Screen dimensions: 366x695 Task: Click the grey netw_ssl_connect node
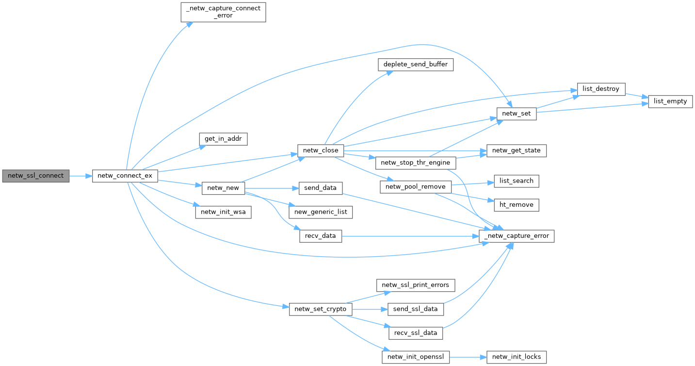coord(36,176)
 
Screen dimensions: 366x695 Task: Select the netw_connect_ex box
coord(125,176)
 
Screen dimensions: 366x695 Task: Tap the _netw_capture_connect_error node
coord(223,12)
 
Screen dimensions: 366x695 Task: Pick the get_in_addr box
coord(223,139)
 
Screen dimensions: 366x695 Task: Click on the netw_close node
coord(321,150)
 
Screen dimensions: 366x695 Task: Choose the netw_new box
coord(223,187)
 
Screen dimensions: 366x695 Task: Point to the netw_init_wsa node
coord(223,212)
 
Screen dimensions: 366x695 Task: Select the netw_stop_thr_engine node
coord(416,163)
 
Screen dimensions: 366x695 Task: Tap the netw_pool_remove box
coord(416,187)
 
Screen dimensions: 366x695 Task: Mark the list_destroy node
coord(601,89)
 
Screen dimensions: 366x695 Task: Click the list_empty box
coord(671,101)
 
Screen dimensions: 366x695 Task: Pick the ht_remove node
coord(517,205)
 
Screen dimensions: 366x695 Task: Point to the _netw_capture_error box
coord(517,236)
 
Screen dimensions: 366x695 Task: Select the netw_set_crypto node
coord(321,309)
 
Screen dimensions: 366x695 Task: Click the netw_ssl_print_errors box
coord(416,284)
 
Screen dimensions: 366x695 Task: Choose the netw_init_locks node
coord(517,357)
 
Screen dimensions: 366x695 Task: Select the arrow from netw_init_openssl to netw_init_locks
coord(468,357)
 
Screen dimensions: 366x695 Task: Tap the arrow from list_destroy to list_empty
coord(637,96)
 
